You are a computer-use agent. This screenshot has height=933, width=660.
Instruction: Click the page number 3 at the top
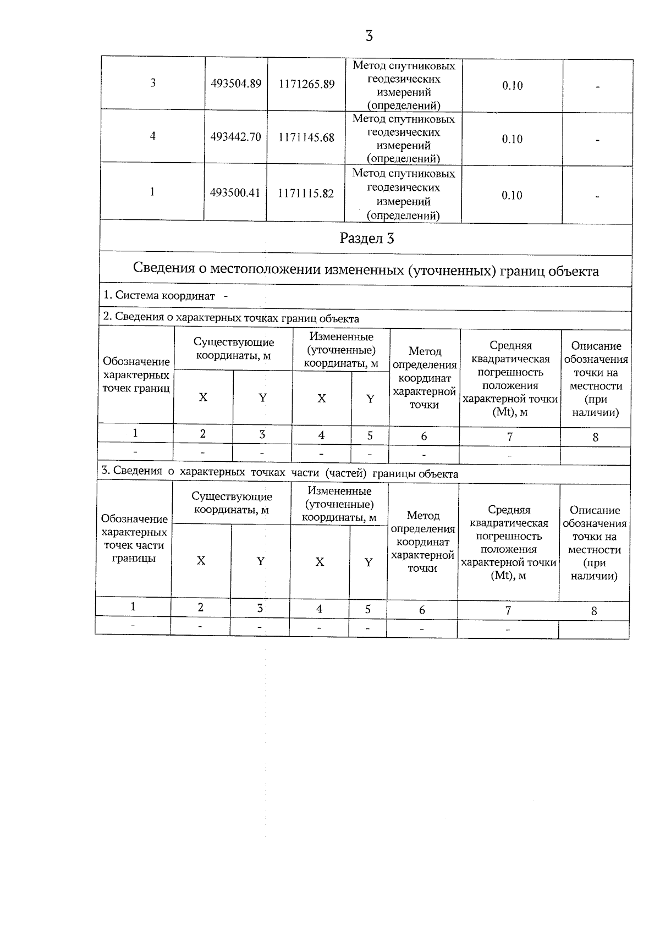[369, 36]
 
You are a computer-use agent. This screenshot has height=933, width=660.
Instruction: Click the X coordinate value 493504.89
[236, 84]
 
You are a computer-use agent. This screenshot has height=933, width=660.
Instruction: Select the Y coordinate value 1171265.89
[307, 85]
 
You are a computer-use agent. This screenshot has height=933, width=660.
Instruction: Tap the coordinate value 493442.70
[235, 137]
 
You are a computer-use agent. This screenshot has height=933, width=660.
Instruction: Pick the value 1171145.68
[306, 137]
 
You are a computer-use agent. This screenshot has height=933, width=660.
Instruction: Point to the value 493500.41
[235, 193]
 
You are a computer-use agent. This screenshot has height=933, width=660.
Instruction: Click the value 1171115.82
[306, 194]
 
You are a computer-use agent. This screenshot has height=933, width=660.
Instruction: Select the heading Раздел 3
[367, 238]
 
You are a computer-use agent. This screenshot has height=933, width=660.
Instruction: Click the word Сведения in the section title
[164, 269]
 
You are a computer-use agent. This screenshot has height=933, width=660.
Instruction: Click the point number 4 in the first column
[153, 135]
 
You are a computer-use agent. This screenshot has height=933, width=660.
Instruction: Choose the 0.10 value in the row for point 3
[512, 86]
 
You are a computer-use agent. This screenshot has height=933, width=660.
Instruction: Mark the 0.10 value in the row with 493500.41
[512, 195]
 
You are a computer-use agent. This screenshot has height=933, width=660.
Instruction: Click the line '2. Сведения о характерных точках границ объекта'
[231, 318]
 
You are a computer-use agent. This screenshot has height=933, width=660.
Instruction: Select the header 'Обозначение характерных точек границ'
[136, 375]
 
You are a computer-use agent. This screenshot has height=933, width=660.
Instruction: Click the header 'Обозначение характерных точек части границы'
[134, 539]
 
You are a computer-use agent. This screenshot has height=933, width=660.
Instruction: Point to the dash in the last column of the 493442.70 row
[597, 140]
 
